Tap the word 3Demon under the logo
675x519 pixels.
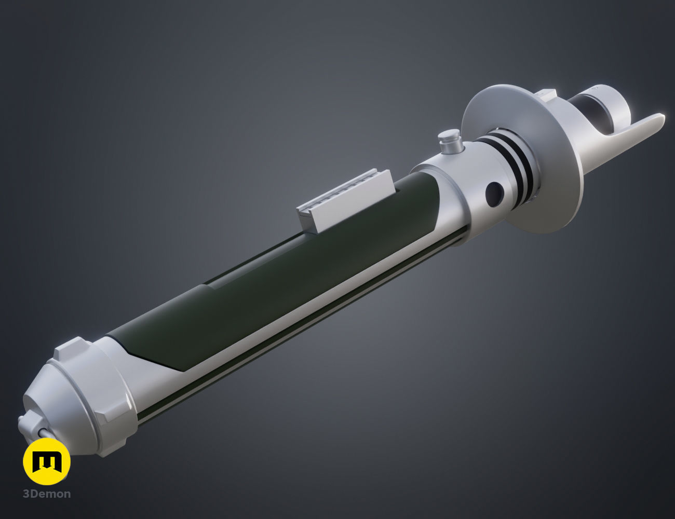pos(47,494)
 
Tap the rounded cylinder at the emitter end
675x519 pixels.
pos(618,104)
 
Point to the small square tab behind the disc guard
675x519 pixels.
pos(545,94)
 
